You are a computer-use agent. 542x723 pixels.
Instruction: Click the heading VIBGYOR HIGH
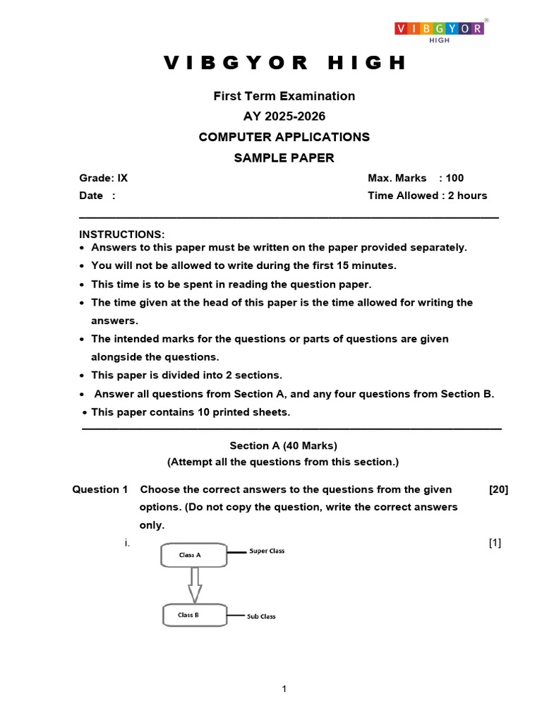(x=285, y=63)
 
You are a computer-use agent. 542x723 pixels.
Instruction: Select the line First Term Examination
(x=284, y=96)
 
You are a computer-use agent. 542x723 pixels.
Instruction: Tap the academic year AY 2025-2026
(x=284, y=116)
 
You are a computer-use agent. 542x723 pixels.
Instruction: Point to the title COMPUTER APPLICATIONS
(x=284, y=137)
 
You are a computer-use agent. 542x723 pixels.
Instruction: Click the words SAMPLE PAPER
(x=284, y=157)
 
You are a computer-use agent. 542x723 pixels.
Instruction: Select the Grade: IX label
(x=104, y=178)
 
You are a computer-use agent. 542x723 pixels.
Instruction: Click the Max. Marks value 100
(x=454, y=178)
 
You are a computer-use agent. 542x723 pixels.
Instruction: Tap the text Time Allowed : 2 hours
(x=427, y=196)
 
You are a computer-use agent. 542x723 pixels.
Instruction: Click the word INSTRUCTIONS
(x=121, y=234)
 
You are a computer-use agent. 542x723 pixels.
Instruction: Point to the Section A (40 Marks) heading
(x=284, y=446)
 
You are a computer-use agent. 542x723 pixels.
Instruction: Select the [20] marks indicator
(x=498, y=489)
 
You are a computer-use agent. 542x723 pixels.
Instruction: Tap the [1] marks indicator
(x=495, y=542)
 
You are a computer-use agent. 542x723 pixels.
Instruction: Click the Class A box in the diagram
(x=194, y=555)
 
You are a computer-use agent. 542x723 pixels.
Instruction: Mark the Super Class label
(x=267, y=551)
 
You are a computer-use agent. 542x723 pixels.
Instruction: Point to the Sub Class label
(x=261, y=616)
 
